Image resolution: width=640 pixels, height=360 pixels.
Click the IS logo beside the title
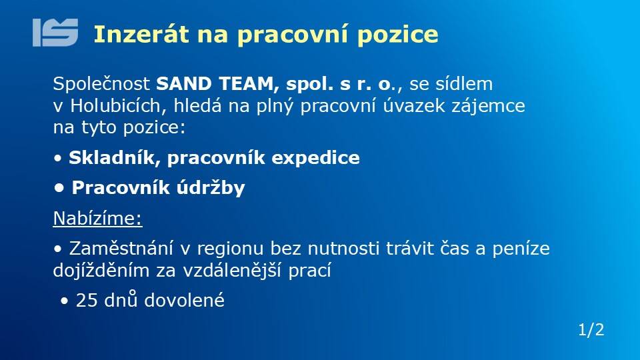(x=55, y=33)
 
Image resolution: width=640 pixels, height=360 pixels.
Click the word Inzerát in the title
(x=141, y=34)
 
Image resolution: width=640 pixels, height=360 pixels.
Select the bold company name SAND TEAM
(x=215, y=84)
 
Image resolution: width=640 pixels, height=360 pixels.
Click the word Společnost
(x=101, y=84)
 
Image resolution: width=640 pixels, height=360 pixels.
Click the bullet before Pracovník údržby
(x=59, y=188)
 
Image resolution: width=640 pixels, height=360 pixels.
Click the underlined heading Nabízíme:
(x=97, y=219)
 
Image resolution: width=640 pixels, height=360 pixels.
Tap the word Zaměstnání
(x=121, y=248)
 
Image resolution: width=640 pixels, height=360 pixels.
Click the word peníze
(x=521, y=249)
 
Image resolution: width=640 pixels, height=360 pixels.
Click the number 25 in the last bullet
(x=87, y=301)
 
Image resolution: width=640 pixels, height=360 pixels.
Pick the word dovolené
(x=185, y=301)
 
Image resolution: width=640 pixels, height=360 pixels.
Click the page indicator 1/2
(x=591, y=330)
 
